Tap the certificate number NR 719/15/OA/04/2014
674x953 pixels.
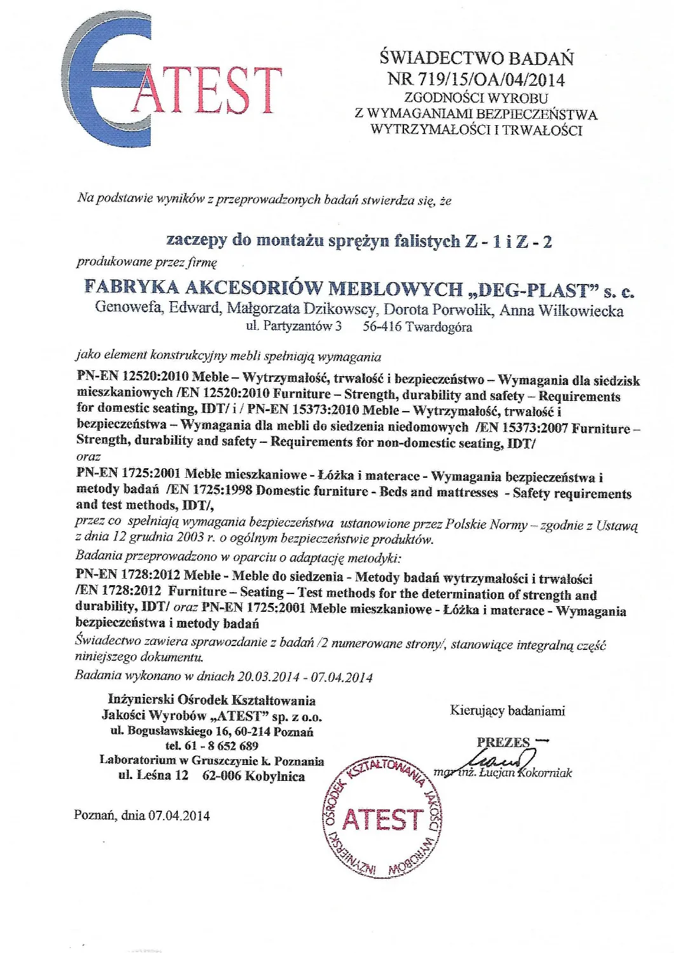pos(476,79)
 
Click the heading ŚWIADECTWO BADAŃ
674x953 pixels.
pos(476,58)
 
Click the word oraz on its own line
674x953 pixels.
pos(88,457)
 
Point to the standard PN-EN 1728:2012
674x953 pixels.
pos(127,576)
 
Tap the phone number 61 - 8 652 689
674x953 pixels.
pos(220,746)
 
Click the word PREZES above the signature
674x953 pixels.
pos(503,742)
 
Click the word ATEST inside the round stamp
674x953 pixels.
pos(382,820)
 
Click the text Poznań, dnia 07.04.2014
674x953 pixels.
pos(142,815)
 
